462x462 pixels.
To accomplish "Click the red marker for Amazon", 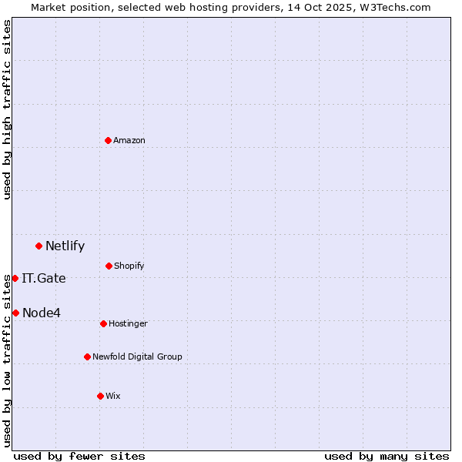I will tap(108, 140).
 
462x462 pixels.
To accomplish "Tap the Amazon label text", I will tap(129, 141).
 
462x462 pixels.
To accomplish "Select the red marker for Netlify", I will tap(38, 246).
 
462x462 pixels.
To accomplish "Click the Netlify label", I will tap(65, 246).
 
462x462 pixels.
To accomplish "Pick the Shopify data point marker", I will tap(109, 266).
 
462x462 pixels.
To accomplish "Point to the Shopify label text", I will tap(129, 266).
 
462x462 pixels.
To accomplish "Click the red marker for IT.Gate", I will tap(15, 278).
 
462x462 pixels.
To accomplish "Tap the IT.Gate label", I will tap(44, 279).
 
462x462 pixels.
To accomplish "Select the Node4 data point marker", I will tap(15, 313).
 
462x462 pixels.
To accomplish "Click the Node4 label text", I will tap(42, 313).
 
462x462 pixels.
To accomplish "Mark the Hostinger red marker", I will tap(103, 323).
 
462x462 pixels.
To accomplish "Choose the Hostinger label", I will tap(128, 324).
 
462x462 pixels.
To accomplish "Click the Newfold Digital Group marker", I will tap(87, 357).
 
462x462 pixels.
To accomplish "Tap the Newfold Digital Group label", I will tap(137, 357).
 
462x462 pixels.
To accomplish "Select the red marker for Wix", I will tap(100, 396).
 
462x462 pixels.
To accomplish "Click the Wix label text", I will tap(113, 397).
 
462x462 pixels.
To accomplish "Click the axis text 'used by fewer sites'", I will tap(79, 456).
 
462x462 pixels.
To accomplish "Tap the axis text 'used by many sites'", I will tap(387, 456).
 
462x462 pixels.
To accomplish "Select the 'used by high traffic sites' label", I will tap(7, 109).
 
